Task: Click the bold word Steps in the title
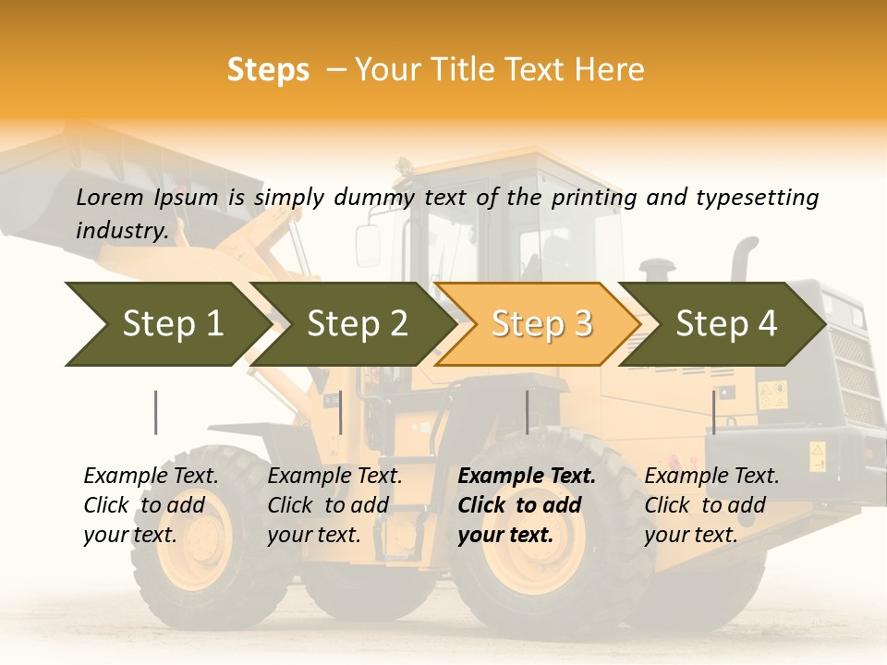click(x=268, y=70)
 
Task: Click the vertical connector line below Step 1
click(x=155, y=412)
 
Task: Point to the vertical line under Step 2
click(x=341, y=412)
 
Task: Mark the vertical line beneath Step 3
click(x=527, y=412)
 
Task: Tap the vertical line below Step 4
click(x=713, y=412)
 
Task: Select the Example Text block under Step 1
click(x=150, y=505)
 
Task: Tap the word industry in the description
click(x=120, y=230)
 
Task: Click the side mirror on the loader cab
click(x=367, y=246)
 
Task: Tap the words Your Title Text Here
click(x=499, y=70)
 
